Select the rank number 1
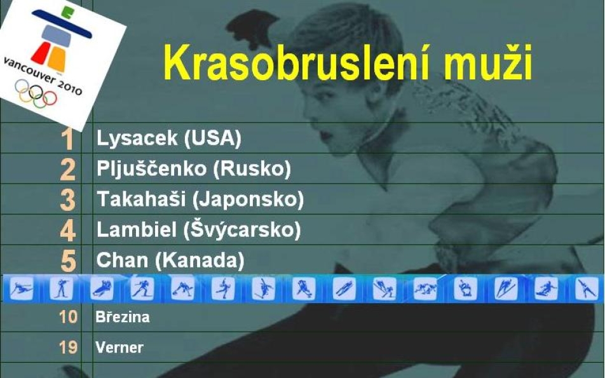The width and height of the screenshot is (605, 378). pos(67,139)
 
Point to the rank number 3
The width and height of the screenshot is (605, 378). pos(67,199)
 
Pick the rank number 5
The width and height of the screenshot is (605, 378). pos(68,260)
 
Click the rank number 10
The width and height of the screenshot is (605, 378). pos(68,317)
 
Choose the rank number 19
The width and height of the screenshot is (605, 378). pos(68,347)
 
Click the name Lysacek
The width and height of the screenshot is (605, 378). pos(137,138)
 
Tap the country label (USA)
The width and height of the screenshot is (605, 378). pos(213,138)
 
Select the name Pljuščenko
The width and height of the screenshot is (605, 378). pos(151,169)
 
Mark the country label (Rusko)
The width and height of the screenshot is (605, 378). pos(252,169)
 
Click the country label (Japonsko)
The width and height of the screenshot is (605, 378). pos(248,199)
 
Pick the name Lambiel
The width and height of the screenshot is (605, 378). pos(137,229)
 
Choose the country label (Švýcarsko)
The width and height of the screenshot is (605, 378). pos(242,229)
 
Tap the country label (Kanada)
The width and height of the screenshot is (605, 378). pos(200,260)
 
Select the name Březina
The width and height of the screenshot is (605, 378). pos(123,316)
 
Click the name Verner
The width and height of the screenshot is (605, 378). pos(119,348)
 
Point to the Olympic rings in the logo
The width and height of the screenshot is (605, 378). pos(36,93)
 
